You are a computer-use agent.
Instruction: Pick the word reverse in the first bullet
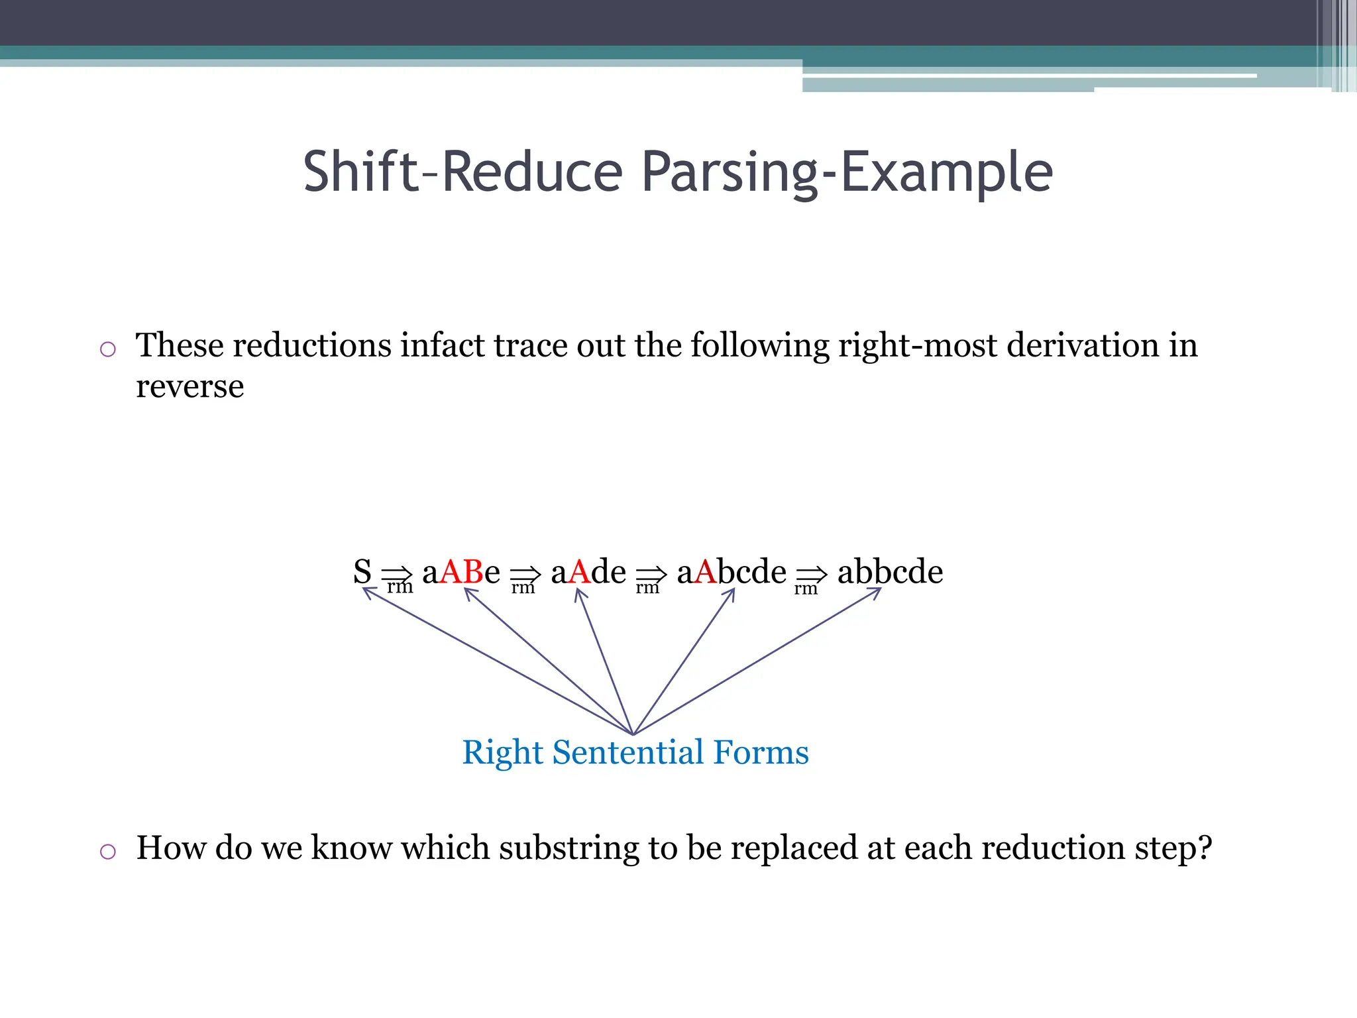[x=190, y=386]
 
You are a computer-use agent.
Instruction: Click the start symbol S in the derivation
[x=362, y=571]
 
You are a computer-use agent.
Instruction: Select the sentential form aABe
[x=461, y=571]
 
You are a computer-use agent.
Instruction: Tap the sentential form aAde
[x=588, y=571]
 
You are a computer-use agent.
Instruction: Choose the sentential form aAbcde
[x=732, y=571]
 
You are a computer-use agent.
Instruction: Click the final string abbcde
[x=890, y=571]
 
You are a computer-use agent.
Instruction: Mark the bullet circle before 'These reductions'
[x=108, y=349]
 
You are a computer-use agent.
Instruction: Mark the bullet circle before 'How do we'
[x=108, y=851]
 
